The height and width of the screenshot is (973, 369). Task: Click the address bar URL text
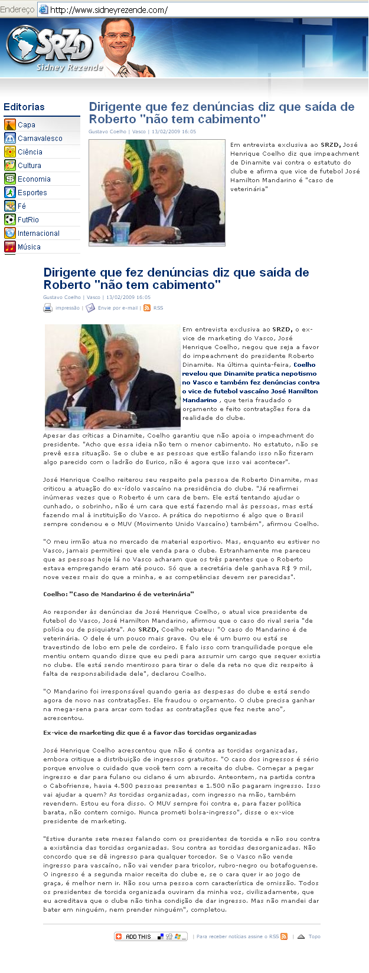[109, 9]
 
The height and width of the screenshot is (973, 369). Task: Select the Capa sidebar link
[27, 125]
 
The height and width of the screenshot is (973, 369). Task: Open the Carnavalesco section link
[40, 139]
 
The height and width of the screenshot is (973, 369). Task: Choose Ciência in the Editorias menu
[30, 152]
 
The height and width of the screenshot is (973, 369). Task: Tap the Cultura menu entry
[30, 166]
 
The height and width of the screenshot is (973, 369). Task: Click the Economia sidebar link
[34, 179]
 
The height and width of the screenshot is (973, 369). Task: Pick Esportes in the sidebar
[32, 193]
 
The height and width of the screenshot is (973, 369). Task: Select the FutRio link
[28, 220]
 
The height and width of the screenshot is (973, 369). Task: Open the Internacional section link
[38, 234]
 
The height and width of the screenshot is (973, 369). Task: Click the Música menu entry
[29, 247]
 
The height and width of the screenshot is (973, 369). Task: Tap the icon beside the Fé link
[9, 206]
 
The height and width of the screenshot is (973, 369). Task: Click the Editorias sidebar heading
[24, 107]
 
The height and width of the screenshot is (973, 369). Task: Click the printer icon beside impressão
[48, 308]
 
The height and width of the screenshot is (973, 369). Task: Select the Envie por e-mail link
[117, 308]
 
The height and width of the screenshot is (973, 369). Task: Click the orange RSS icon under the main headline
[147, 308]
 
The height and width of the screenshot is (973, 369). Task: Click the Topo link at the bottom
[314, 936]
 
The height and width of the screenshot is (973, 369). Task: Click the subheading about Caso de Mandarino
[118, 594]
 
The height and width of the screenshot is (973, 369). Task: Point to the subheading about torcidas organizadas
[149, 732]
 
